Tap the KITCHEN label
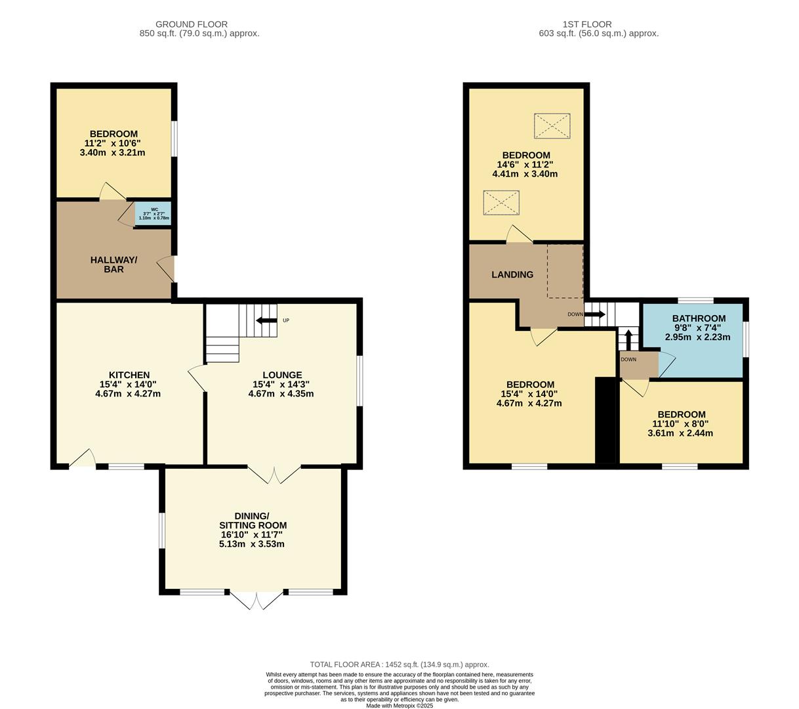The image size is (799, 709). pos(129,375)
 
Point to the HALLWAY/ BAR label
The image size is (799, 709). pos(113,265)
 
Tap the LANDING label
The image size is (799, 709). pos(512,274)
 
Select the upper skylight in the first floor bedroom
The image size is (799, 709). pos(552,126)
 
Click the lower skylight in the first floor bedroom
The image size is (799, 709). pos(501,202)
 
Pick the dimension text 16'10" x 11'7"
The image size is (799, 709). pos(251,534)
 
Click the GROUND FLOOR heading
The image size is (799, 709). pos(192,24)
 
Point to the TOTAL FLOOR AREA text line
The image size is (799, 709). pos(399,664)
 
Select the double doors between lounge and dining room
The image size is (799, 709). pos(274,475)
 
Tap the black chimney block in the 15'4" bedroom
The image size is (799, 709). pos(605,420)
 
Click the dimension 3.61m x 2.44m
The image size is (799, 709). pos(680,433)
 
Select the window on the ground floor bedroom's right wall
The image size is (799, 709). pos(174,139)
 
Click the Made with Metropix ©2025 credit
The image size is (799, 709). pos(399,706)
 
